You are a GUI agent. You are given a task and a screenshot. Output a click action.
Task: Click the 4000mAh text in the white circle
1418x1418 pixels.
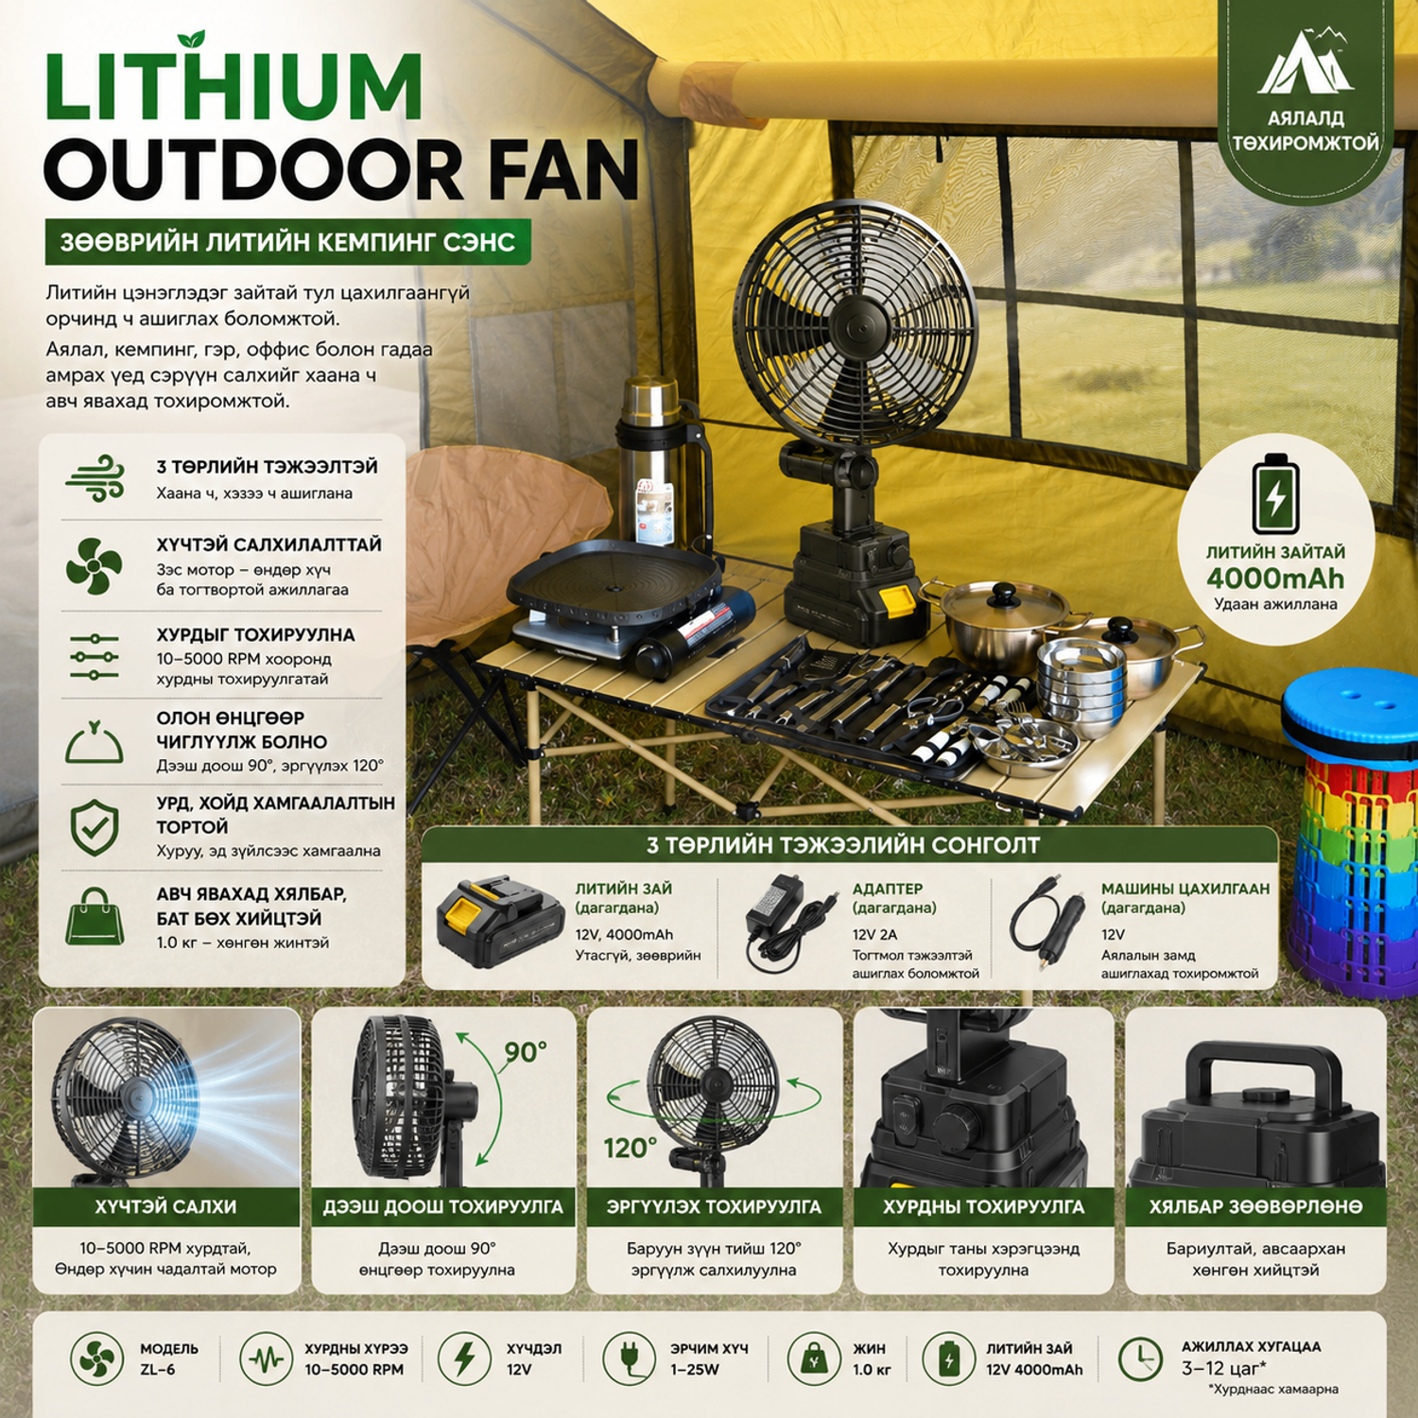coord(1275,579)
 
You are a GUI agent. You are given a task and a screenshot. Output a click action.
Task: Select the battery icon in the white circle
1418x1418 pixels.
coord(1275,493)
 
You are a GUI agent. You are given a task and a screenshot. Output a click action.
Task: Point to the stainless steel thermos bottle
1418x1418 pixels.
coord(652,463)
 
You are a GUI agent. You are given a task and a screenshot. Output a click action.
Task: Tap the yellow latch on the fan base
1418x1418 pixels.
coord(896,602)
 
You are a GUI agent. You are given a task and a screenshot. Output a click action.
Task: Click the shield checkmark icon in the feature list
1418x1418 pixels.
coord(95,828)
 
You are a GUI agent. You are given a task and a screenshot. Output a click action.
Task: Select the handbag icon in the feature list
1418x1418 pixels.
coord(95,916)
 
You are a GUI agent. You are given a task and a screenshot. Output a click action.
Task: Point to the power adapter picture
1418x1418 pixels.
coord(788,922)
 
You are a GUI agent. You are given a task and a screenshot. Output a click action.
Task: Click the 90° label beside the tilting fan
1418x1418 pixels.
coord(525,1052)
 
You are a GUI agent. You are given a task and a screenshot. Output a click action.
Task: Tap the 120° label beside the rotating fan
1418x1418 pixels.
coord(631,1148)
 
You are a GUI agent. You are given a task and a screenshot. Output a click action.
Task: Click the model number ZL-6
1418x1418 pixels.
coord(158,1370)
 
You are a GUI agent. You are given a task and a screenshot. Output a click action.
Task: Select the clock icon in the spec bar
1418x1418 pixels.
coord(1140,1359)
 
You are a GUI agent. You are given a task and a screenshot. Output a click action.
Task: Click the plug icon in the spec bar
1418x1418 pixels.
coord(629,1359)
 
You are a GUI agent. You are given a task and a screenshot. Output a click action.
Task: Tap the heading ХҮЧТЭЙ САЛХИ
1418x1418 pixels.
coord(165,1206)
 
